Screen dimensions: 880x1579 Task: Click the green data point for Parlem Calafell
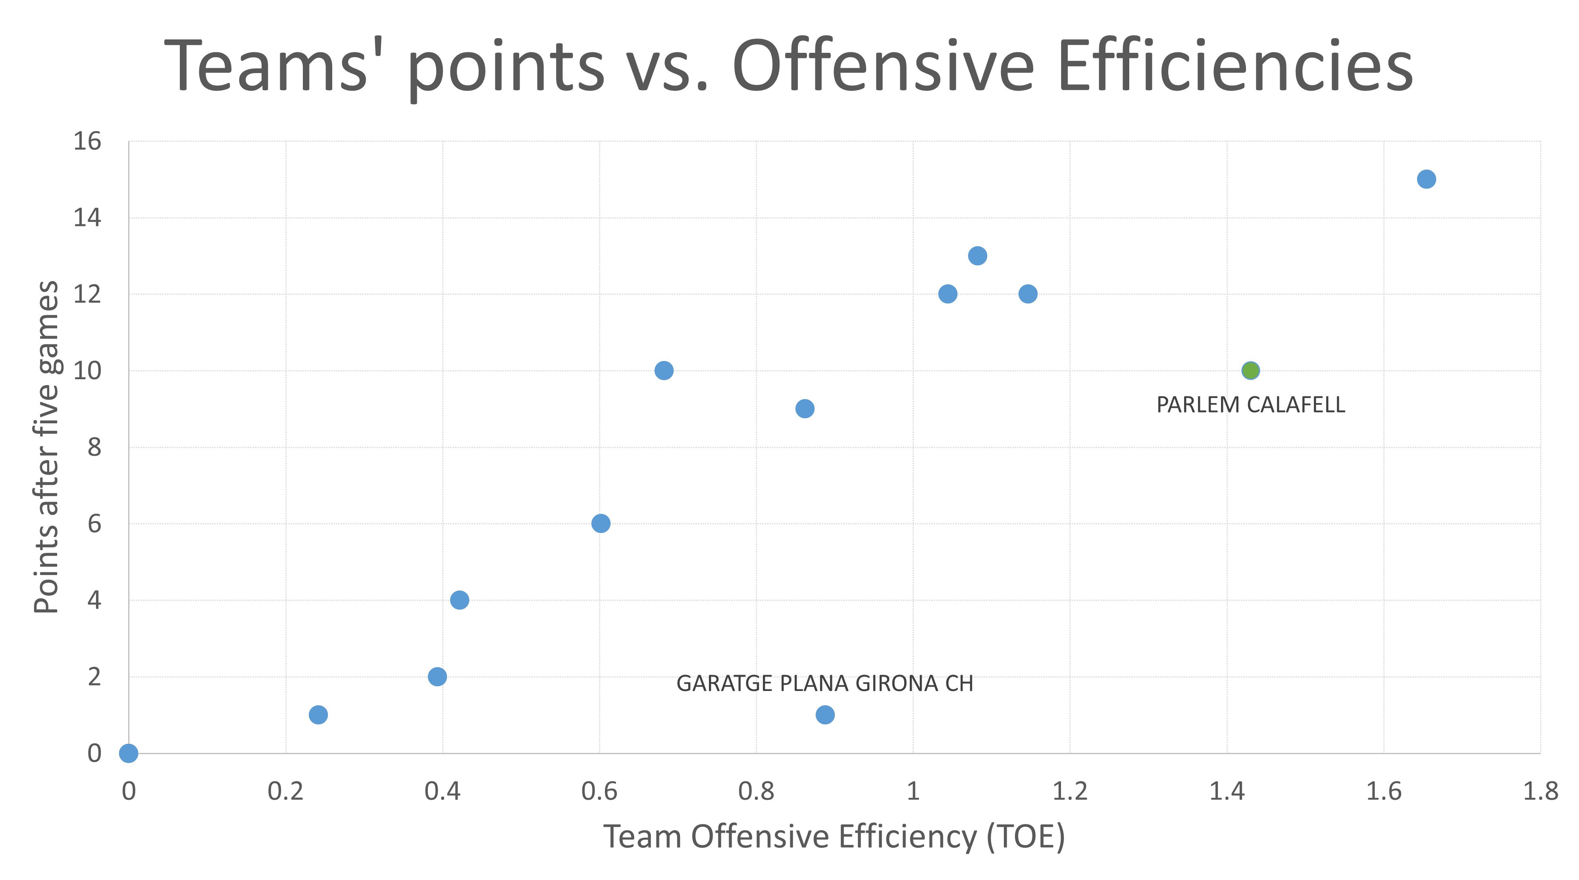click(x=1250, y=371)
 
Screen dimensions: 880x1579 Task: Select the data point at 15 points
click(x=1426, y=179)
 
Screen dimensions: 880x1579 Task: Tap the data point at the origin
click(x=128, y=753)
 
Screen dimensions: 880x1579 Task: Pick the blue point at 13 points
click(x=978, y=256)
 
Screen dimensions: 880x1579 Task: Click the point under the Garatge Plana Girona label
click(x=825, y=714)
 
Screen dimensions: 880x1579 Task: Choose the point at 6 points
click(x=601, y=523)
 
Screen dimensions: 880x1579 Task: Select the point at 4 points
click(x=459, y=600)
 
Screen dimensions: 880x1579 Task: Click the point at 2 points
click(x=437, y=676)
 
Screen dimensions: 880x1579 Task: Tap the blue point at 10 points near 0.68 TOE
click(x=664, y=371)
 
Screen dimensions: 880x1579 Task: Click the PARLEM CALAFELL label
click(x=1250, y=405)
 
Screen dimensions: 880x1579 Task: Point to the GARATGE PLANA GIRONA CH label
click(x=824, y=683)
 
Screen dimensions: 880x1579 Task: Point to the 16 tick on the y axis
click(x=87, y=142)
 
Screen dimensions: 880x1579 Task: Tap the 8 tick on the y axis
click(x=94, y=448)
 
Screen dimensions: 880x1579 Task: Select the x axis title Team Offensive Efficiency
click(x=834, y=836)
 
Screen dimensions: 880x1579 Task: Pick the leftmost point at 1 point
click(x=318, y=714)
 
